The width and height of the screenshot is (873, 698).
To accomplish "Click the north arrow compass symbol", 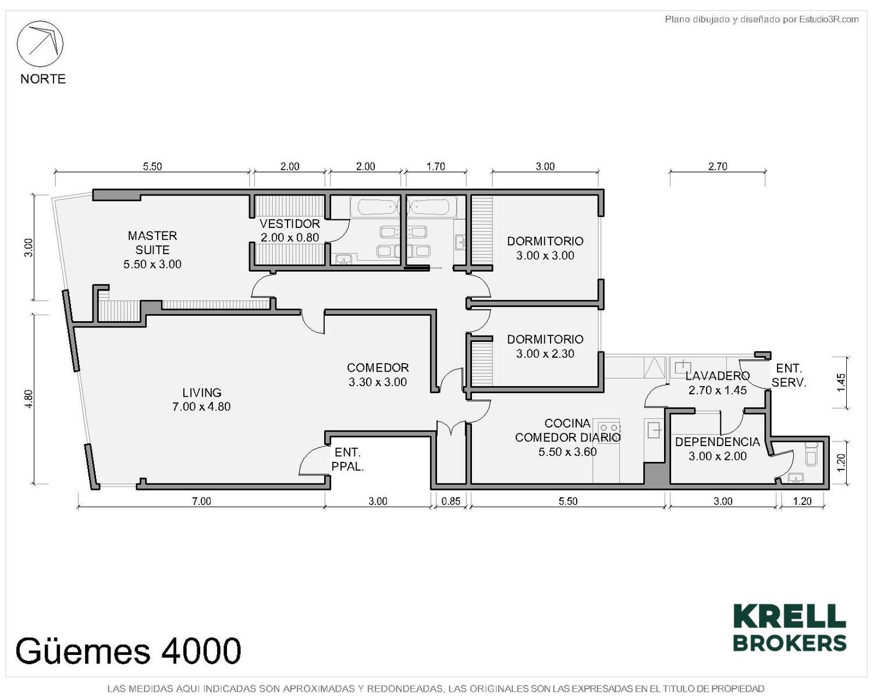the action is coord(40,44).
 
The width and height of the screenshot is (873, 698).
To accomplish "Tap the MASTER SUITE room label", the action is coord(152,250).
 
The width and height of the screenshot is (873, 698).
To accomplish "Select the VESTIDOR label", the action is coord(290,230).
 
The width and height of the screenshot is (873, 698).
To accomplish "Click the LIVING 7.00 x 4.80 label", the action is coord(201,400).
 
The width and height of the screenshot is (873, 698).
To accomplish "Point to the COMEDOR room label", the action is coord(378,375).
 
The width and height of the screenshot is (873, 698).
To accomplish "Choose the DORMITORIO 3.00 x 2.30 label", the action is coord(545,346).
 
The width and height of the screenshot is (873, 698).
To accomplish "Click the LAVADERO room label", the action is coord(717,383).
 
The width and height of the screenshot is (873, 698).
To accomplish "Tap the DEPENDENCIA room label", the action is coord(717,449).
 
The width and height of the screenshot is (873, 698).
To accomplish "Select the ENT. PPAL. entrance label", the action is coord(347,460).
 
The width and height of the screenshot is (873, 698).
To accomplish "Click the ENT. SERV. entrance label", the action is coord(789,376).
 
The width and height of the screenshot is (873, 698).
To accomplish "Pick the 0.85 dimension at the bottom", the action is coord(450,501).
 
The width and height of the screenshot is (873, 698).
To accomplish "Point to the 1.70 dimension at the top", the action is coord(436,166).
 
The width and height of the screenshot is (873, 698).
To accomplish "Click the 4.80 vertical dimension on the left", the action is coord(29,399).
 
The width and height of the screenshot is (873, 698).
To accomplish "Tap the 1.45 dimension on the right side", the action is coord(841,383).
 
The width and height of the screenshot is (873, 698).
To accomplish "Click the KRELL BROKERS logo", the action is coord(789,633).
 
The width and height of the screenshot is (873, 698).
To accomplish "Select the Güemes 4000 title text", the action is coord(128,650).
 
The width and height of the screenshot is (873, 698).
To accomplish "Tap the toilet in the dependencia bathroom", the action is coord(811,454).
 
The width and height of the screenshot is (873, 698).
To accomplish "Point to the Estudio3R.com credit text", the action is coord(761,19).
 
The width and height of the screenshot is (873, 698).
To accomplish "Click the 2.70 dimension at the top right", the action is coord(718,166).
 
